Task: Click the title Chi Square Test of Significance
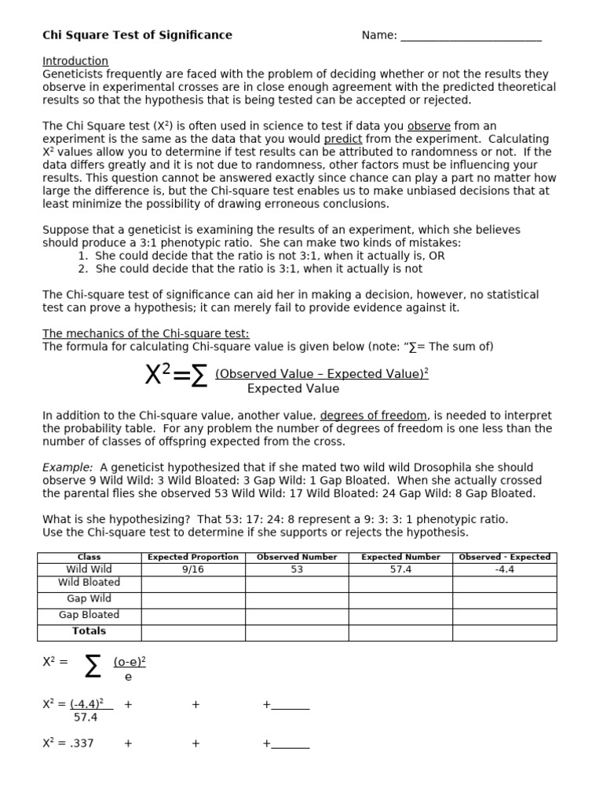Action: click(x=137, y=35)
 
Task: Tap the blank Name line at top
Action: click(x=470, y=36)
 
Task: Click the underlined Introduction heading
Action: click(x=75, y=61)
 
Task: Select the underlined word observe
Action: click(x=429, y=126)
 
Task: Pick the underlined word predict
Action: click(x=343, y=139)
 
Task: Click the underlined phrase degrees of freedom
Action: click(x=374, y=416)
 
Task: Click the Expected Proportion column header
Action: click(x=193, y=558)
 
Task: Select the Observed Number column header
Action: click(x=297, y=558)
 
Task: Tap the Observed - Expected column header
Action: click(x=504, y=558)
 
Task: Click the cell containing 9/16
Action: click(x=193, y=570)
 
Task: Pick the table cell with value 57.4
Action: click(x=400, y=570)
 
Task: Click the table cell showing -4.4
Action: click(x=504, y=570)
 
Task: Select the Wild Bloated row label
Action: click(x=90, y=583)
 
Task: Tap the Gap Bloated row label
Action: click(x=90, y=615)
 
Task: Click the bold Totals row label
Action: click(x=90, y=631)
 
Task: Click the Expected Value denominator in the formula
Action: click(x=293, y=389)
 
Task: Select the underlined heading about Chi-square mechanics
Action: click(x=146, y=334)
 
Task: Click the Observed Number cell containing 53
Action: click(x=297, y=570)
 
